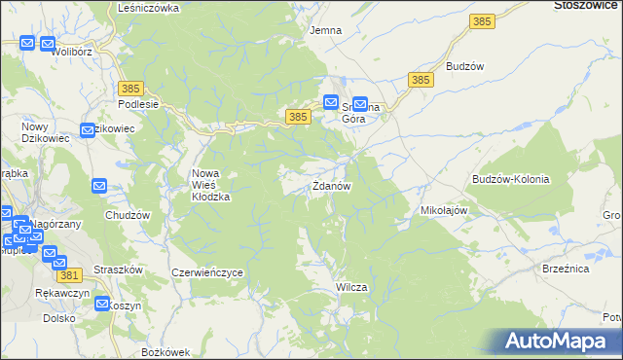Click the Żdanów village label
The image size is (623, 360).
click(331, 186)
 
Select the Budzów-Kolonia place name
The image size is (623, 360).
click(510, 179)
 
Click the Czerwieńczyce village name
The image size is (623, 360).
click(206, 273)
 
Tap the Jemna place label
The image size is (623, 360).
click(325, 30)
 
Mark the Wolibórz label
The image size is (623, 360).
click(72, 51)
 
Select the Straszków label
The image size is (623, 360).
click(121, 269)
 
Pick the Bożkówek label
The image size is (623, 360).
click(163, 350)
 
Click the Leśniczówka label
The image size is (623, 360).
click(148, 7)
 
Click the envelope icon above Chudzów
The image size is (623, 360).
click(100, 186)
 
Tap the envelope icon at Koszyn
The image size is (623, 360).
click(103, 304)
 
